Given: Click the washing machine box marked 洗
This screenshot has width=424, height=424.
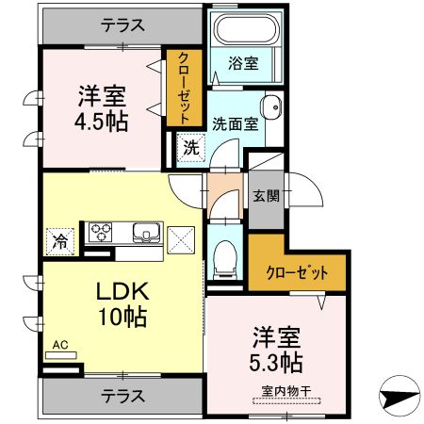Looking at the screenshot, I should (189, 147).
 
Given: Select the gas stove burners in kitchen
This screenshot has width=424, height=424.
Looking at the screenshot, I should (101, 232).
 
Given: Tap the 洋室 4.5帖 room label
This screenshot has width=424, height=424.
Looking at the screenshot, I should (102, 108).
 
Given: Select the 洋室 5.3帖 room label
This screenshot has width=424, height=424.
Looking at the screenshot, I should (276, 349).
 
